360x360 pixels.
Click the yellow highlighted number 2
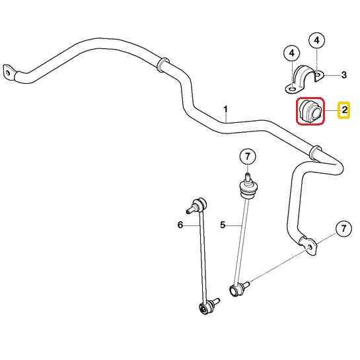point(343,110)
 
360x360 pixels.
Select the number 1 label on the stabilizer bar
point(226,109)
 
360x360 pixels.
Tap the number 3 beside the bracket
point(343,75)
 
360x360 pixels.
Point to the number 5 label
point(223,225)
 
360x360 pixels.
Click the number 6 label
point(180,225)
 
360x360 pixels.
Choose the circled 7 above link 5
point(247,157)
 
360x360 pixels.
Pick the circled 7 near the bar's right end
point(343,229)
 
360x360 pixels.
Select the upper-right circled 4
point(316,40)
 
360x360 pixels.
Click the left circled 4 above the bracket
point(291,54)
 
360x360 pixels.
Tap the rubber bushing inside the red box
point(310,112)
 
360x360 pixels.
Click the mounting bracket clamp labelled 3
point(304,79)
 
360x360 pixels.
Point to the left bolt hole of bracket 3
point(292,89)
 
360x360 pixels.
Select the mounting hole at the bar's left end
point(7,73)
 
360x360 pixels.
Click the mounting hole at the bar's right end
point(309,248)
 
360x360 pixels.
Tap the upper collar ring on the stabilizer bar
point(162,65)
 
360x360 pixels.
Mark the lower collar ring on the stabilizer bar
point(315,152)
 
